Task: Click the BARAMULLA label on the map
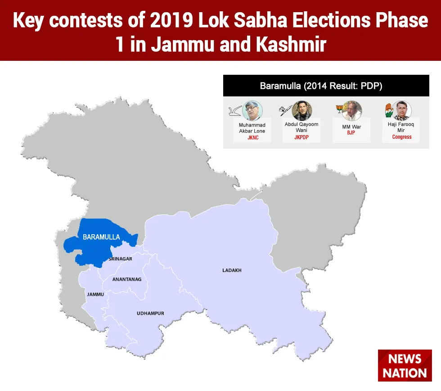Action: (x=101, y=237)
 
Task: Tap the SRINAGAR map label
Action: (x=121, y=259)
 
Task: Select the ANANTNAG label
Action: (x=127, y=279)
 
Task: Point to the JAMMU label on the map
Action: (x=95, y=295)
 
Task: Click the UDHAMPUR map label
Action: (x=150, y=314)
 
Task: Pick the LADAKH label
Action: (x=232, y=270)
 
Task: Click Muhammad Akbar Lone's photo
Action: (x=252, y=111)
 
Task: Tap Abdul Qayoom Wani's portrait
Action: (x=302, y=111)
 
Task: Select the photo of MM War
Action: (x=351, y=111)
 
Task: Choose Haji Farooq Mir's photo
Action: (x=401, y=111)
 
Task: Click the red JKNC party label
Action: (x=253, y=138)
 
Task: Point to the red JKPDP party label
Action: (x=301, y=137)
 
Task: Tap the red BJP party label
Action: (x=351, y=132)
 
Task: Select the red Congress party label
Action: (x=401, y=137)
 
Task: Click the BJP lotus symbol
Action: (x=339, y=109)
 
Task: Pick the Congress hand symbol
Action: (x=389, y=110)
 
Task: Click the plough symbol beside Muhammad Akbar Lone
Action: (x=235, y=111)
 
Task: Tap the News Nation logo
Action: (x=405, y=365)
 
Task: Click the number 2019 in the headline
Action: (x=171, y=20)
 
